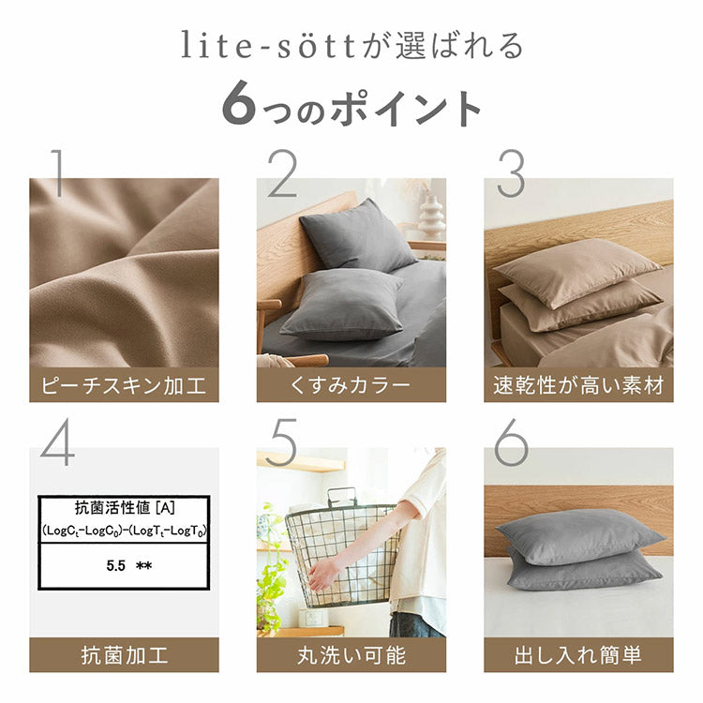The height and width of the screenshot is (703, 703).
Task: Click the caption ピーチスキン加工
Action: [124, 384]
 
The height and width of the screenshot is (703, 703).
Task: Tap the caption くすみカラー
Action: [351, 384]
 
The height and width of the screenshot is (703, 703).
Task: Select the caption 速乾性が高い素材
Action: [578, 384]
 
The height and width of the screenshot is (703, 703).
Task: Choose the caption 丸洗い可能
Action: [351, 654]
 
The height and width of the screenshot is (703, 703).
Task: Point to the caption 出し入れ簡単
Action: [578, 654]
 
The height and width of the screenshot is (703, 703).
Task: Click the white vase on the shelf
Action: [431, 217]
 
